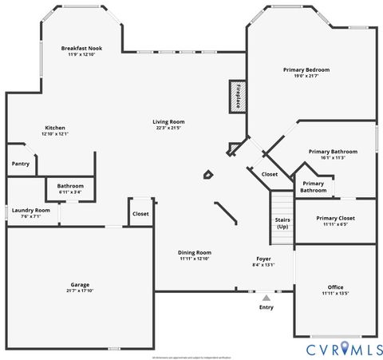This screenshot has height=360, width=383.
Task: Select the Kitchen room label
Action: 55,127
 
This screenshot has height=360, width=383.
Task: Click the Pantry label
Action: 21,164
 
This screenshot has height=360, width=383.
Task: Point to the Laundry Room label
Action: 30,210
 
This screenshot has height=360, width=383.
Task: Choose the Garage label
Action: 79,283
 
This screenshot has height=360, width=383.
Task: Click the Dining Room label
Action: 194,252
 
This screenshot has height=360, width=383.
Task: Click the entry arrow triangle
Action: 266,297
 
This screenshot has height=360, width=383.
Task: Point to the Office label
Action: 335,287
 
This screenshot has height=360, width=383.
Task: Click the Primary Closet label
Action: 335,218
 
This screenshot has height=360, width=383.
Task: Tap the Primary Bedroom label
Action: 306,69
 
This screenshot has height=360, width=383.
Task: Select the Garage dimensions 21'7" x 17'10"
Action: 79,291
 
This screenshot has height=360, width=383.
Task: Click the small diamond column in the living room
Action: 209,174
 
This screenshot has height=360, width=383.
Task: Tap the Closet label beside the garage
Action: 140,213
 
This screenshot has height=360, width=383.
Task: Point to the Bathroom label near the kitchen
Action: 70,186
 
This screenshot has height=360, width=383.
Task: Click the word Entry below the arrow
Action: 266,307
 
